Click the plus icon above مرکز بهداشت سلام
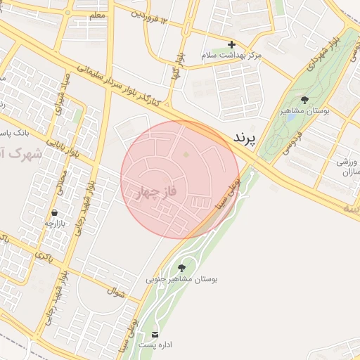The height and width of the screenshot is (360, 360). pos(231,44)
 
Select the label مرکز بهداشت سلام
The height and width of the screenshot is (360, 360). pos(231,55)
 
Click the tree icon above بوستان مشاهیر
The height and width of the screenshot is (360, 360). pos(304,101)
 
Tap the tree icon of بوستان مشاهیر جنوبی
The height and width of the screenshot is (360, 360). pos(182,268)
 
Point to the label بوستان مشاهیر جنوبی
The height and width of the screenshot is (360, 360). pos(182,279)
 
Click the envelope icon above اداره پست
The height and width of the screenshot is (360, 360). pos(155,334)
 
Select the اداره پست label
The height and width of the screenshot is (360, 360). pos(155,345)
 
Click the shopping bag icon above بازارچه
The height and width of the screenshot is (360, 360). pos(54,212)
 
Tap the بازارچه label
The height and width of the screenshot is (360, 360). pos(54,224)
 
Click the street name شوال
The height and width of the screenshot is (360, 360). pos(116,290)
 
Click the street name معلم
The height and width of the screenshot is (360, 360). pos(98,15)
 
